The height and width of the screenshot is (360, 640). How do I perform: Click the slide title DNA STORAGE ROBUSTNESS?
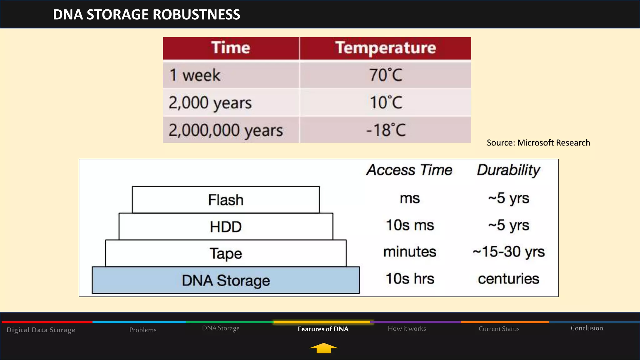147,15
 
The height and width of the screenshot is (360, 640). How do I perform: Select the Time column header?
231,48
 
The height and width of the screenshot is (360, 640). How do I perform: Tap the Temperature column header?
385,48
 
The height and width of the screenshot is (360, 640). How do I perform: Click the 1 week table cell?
195,75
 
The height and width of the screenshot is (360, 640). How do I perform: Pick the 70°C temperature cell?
386,75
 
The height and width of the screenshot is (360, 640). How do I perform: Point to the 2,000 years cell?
210,103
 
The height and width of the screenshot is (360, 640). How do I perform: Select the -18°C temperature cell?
386,130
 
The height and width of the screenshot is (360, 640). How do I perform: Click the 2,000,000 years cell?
226,130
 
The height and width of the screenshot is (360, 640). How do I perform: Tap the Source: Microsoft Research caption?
538,143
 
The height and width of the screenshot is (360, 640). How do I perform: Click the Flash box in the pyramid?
226,200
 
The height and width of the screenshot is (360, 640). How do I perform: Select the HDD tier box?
226,227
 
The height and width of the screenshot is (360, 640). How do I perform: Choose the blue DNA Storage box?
226,280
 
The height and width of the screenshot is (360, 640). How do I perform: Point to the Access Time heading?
409,170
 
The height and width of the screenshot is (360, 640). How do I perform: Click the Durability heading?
508,170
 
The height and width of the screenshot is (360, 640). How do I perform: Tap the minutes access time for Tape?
410,252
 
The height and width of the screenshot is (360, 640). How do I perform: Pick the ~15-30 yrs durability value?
508,252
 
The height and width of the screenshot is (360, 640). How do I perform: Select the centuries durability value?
508,279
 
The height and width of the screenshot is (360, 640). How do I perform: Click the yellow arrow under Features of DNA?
323,348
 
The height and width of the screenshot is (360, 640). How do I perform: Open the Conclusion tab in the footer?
587,328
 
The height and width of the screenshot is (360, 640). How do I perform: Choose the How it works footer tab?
407,328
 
